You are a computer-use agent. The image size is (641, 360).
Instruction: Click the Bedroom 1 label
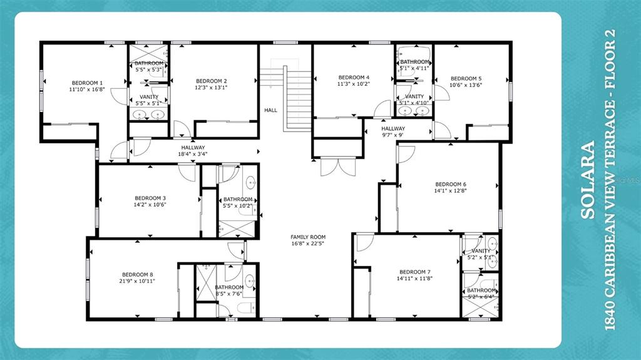click(x=87, y=83)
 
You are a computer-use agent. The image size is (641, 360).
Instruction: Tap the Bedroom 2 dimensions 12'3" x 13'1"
click(x=211, y=88)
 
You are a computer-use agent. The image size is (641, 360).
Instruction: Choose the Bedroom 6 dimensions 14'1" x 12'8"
click(x=451, y=191)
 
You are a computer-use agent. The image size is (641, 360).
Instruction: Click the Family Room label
click(x=308, y=237)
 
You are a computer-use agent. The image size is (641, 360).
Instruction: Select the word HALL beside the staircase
click(x=270, y=110)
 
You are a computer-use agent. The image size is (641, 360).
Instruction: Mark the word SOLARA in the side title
click(x=588, y=181)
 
